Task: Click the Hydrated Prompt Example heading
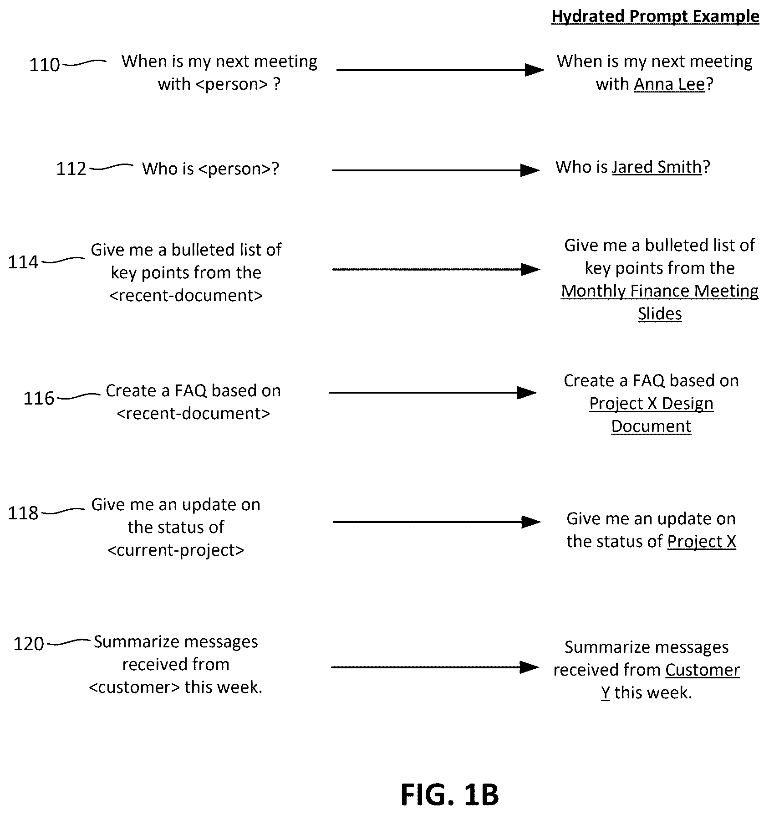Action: [x=655, y=16]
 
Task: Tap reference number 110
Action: [x=45, y=65]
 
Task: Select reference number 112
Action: [x=71, y=169]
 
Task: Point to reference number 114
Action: [x=23, y=262]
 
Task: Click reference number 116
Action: [x=39, y=398]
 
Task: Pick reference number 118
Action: [x=23, y=513]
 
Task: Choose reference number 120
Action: [x=29, y=644]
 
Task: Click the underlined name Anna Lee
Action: [x=669, y=84]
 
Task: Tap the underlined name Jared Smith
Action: [x=657, y=167]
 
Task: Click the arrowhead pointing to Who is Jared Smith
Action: [x=530, y=170]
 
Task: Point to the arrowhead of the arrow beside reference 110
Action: [x=535, y=70]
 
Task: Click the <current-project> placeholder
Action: [x=176, y=550]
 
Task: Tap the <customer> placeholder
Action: [x=135, y=687]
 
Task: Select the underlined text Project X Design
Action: [x=651, y=404]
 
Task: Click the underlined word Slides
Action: [x=660, y=314]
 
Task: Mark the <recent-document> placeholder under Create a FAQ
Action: [x=194, y=414]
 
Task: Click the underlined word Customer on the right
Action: [x=703, y=670]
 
